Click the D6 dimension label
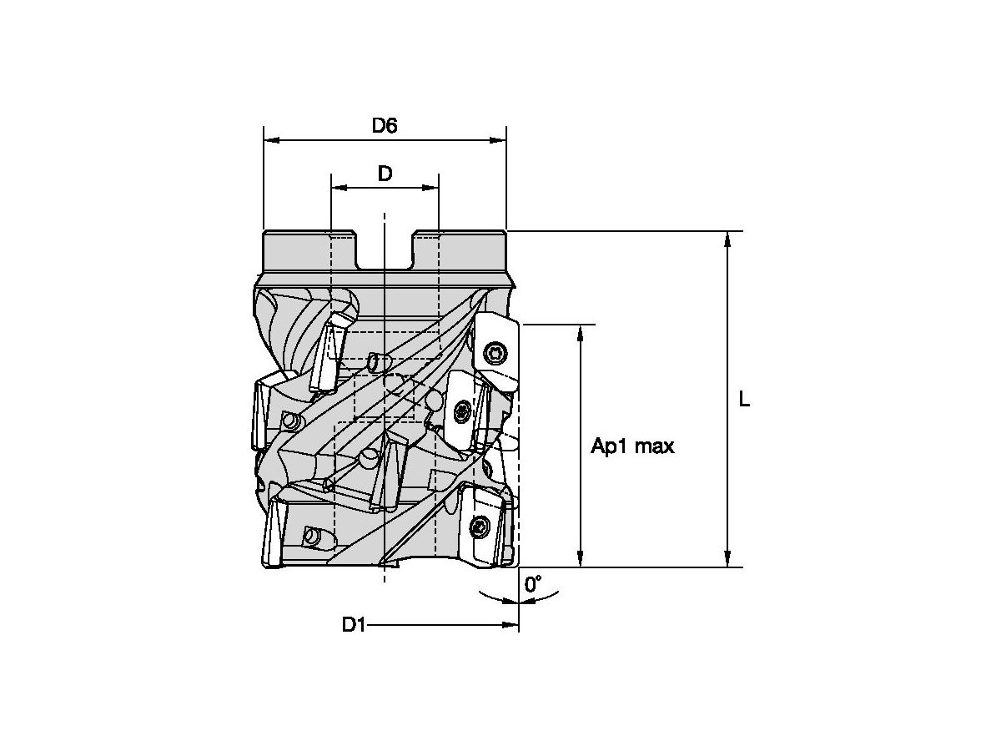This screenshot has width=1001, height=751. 384,125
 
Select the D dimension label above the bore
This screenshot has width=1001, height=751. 385,174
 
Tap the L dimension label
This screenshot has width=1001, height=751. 744,400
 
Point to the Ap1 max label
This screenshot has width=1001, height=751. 632,446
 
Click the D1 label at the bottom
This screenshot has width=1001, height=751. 354,625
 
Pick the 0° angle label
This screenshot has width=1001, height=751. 533,583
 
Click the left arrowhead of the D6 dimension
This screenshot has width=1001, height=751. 272,140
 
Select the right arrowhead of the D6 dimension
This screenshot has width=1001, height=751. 498,140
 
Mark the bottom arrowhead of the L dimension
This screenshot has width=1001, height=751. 727,559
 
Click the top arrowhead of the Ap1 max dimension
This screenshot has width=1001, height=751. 580,333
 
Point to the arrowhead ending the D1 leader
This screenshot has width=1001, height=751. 511,625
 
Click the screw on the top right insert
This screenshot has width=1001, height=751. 495,352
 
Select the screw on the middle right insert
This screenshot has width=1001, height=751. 463,411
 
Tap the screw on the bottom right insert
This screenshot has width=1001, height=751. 480,527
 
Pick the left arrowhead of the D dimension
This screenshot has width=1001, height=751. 340,188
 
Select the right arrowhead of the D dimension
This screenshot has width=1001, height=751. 430,188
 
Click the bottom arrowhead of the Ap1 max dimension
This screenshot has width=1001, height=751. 580,559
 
